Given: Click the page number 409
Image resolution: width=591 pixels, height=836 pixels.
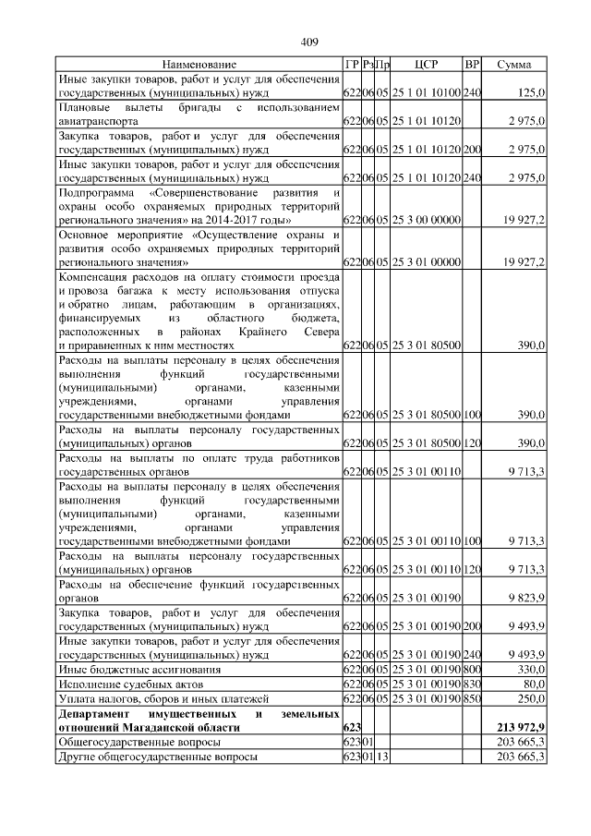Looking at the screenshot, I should [310, 41].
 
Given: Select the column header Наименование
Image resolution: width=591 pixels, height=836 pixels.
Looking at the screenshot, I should [199, 65].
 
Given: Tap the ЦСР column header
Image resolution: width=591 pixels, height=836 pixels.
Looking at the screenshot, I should [427, 65].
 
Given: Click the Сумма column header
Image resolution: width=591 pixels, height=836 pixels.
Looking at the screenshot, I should [513, 65].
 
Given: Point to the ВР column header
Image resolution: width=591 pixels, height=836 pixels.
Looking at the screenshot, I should [472, 65].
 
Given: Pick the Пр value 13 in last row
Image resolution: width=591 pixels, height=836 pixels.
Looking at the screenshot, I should [381, 756].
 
